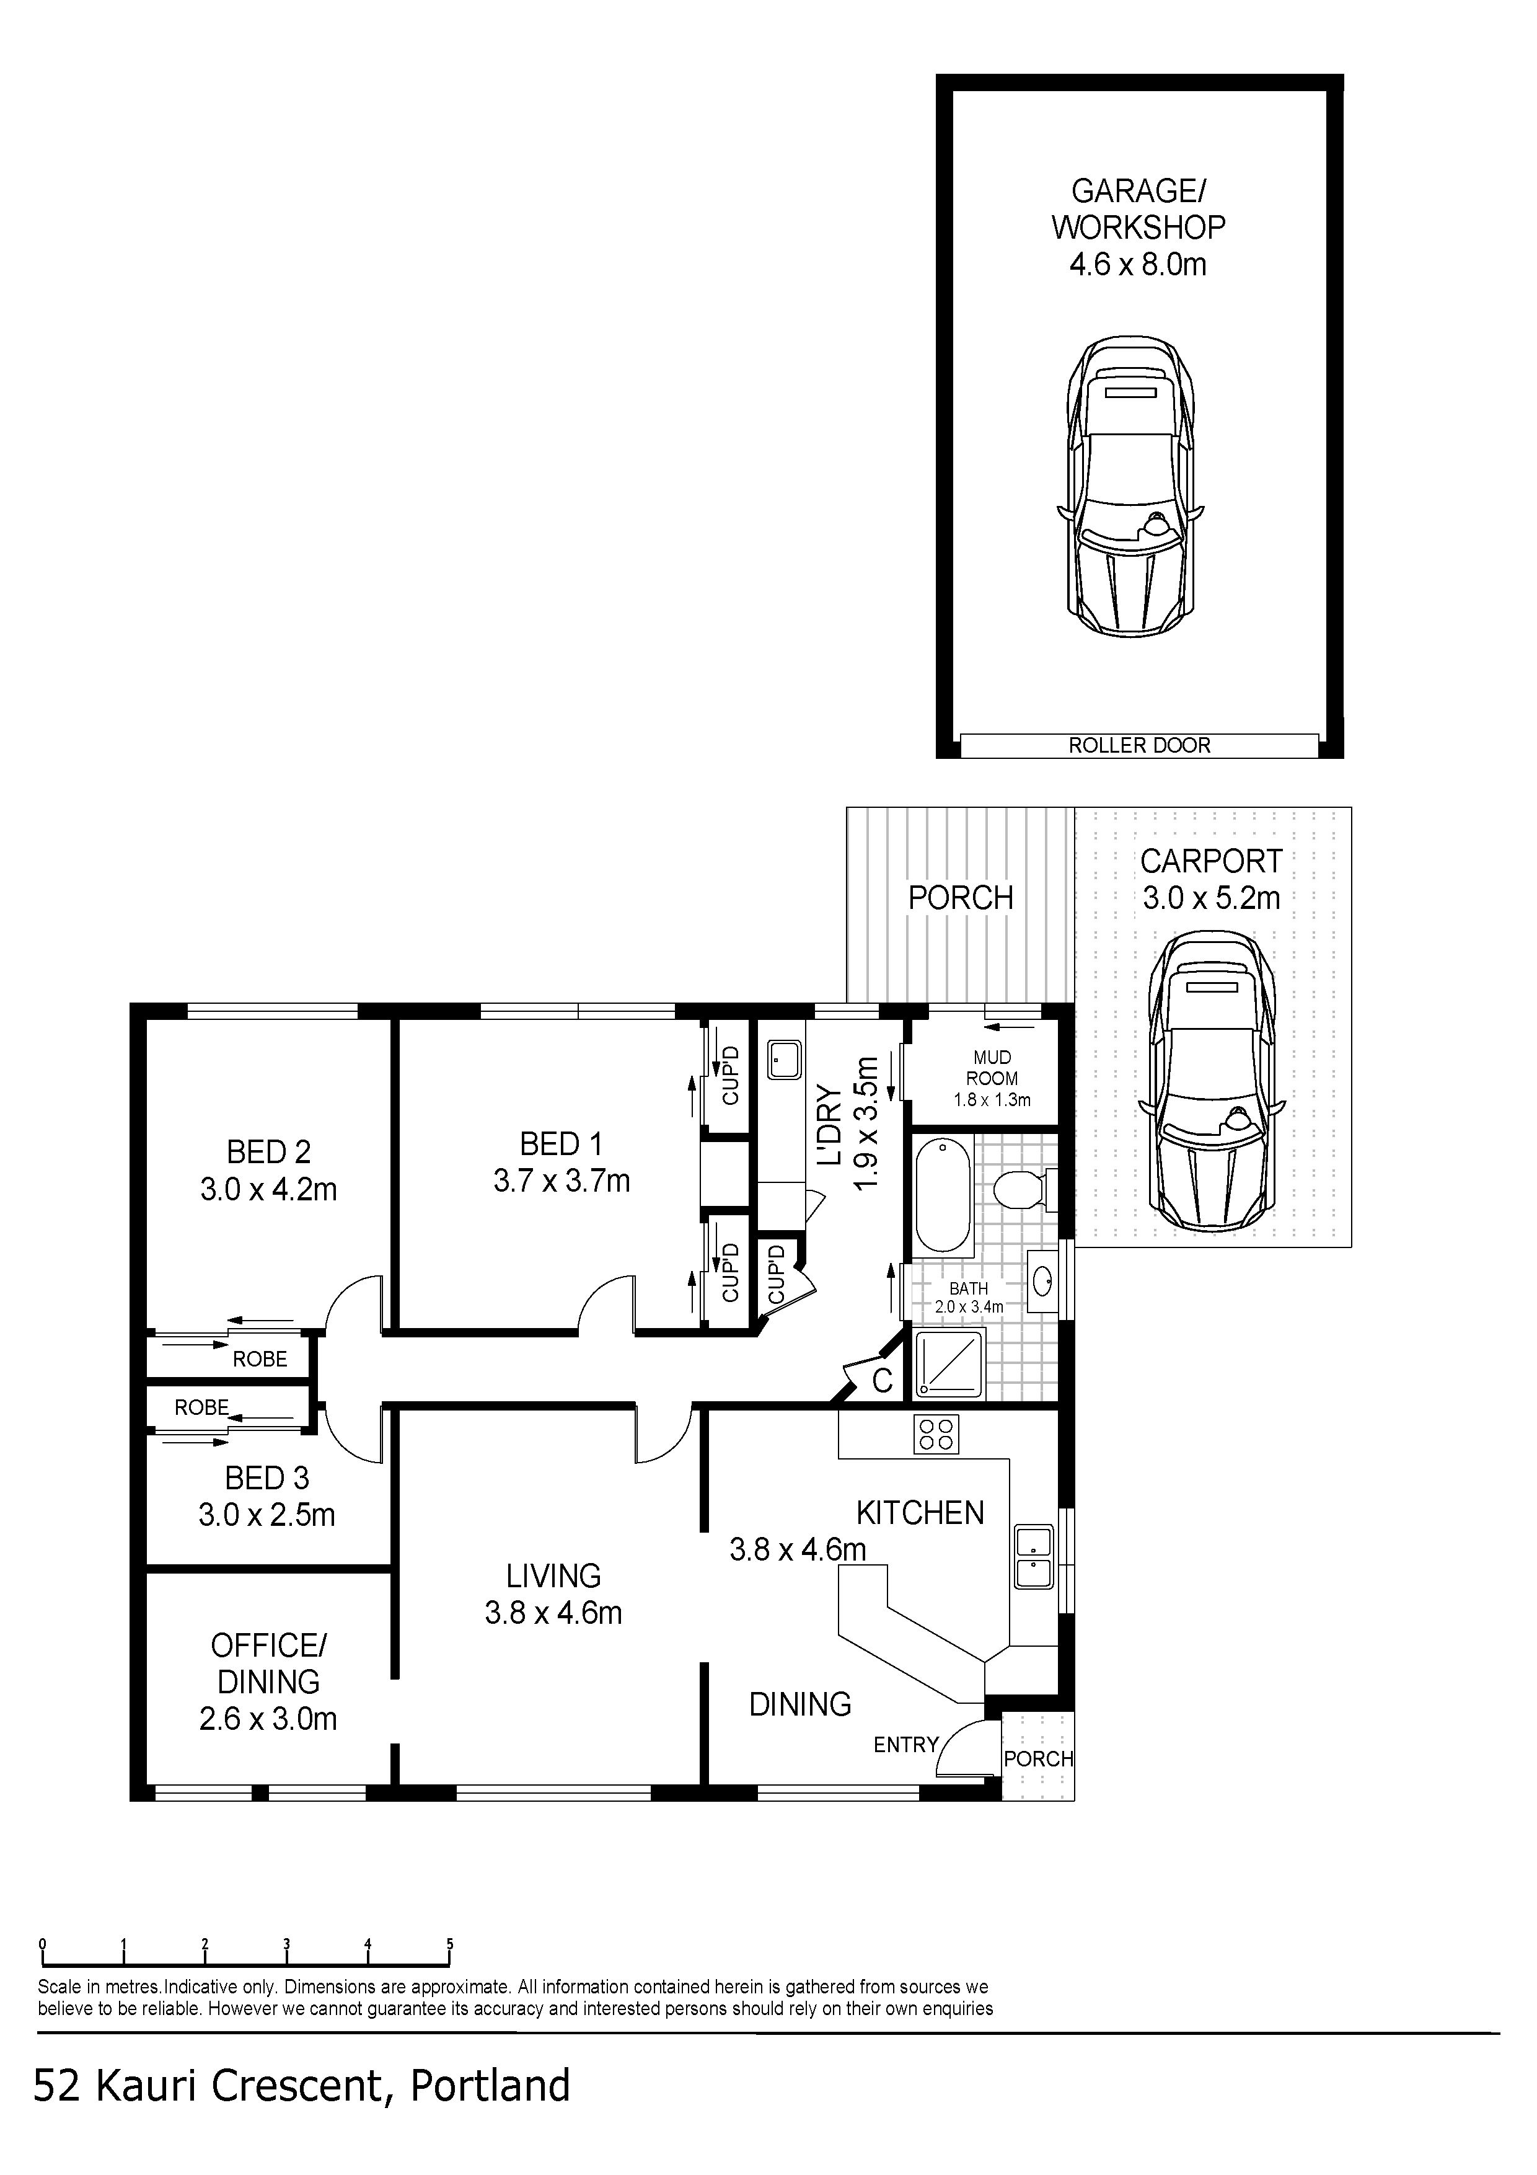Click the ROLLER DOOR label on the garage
(x=1139, y=745)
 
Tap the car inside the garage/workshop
(x=1130, y=486)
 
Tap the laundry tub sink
(x=784, y=1060)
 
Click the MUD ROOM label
(x=992, y=1068)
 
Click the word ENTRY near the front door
(x=905, y=1745)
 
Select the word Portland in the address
(x=490, y=2085)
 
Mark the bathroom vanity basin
(x=1042, y=1282)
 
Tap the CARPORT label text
(x=1210, y=861)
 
